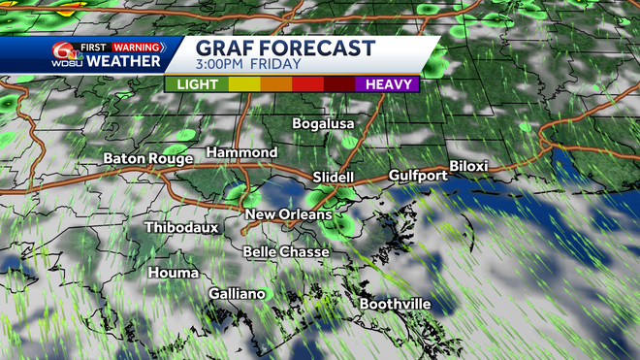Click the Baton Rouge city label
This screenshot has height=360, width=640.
pyautogui.click(x=148, y=158)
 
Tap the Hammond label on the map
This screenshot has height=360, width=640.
pyautogui.click(x=241, y=153)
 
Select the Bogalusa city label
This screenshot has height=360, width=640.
pyautogui.click(x=324, y=124)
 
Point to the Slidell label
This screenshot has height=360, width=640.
pyautogui.click(x=336, y=177)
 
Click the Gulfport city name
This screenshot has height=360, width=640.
pyautogui.click(x=417, y=175)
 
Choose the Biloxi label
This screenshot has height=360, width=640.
pyautogui.click(x=468, y=167)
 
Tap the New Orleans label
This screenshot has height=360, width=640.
pyautogui.click(x=288, y=214)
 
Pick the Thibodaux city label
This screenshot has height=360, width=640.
pyautogui.click(x=181, y=227)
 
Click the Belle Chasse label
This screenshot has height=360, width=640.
pyautogui.click(x=286, y=251)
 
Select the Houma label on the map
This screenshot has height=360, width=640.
pyautogui.click(x=174, y=273)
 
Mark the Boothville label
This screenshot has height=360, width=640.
pyautogui.click(x=395, y=304)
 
